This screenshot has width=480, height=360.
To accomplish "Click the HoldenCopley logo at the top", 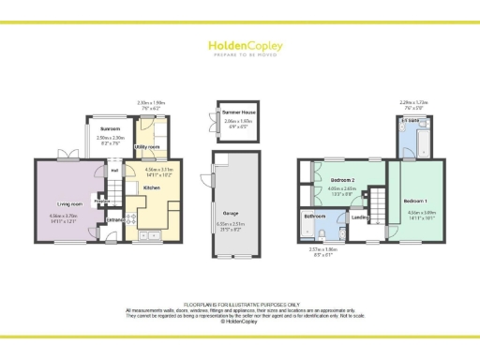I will click(239, 46).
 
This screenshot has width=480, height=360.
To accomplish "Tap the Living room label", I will click(65, 203).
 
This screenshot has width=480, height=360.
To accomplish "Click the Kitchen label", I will click(151, 187).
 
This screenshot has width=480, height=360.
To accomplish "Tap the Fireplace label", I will click(101, 199).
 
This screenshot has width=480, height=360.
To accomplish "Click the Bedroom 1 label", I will click(413, 202).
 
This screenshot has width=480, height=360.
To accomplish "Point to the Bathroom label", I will click(313, 216).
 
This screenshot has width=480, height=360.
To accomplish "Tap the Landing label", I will click(358, 218).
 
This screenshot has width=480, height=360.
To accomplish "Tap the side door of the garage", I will click(214, 180).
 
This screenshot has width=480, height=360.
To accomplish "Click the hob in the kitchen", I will click(133, 221).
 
